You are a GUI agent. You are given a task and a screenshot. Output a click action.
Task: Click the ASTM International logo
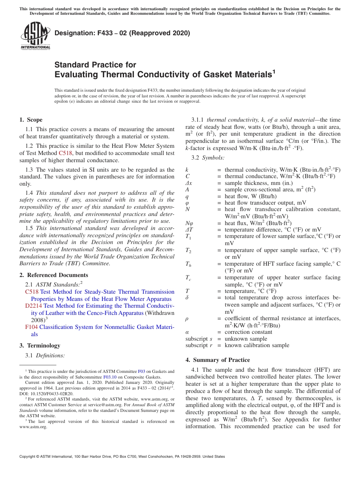[x=35, y=36]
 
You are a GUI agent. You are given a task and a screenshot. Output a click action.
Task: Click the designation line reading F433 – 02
[x=122, y=33]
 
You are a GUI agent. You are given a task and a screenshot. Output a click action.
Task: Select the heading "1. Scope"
[x=31, y=120]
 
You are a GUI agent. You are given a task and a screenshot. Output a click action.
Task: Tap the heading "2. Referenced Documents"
[x=53, y=275]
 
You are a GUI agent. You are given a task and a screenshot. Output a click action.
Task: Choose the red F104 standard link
[x=31, y=327]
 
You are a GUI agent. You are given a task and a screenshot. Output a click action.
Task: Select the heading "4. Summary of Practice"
[x=218, y=360]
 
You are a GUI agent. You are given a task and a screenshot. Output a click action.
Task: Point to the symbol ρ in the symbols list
[x=187, y=319]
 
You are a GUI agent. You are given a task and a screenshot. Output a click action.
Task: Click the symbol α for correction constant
[x=187, y=332]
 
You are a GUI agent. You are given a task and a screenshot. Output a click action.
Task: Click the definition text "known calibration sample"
[x=257, y=346]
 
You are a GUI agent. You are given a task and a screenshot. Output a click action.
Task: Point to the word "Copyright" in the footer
[x=29, y=457]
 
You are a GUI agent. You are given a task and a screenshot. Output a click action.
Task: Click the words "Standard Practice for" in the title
[x=95, y=65]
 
